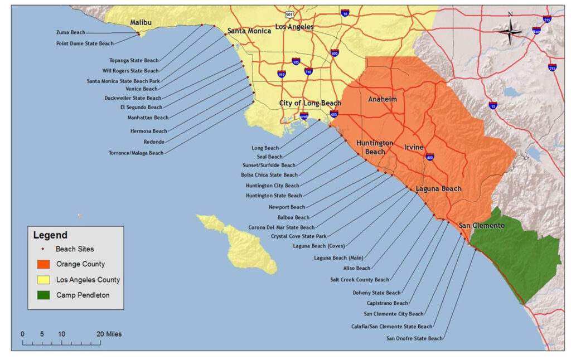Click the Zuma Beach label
pyautogui.click(x=71, y=32)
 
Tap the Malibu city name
pyautogui.click(x=141, y=22)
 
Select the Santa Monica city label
pyautogui.click(x=249, y=31)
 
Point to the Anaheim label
pyautogui.click(x=383, y=99)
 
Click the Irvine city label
pyautogui.click(x=414, y=147)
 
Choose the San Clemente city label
pyautogui.click(x=481, y=226)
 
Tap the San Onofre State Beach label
pyautogui.click(x=414, y=338)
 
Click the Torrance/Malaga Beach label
pyautogui.click(x=136, y=153)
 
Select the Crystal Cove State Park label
pyautogui.click(x=298, y=236)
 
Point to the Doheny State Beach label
pyautogui.click(x=376, y=293)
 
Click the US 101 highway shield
pyautogui.click(x=288, y=13)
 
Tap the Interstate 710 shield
pyautogui.click(x=308, y=71)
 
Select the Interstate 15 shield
pyautogui.click(x=493, y=105)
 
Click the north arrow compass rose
pyautogui.click(x=510, y=31)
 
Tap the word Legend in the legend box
pyautogui.click(x=50, y=235)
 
